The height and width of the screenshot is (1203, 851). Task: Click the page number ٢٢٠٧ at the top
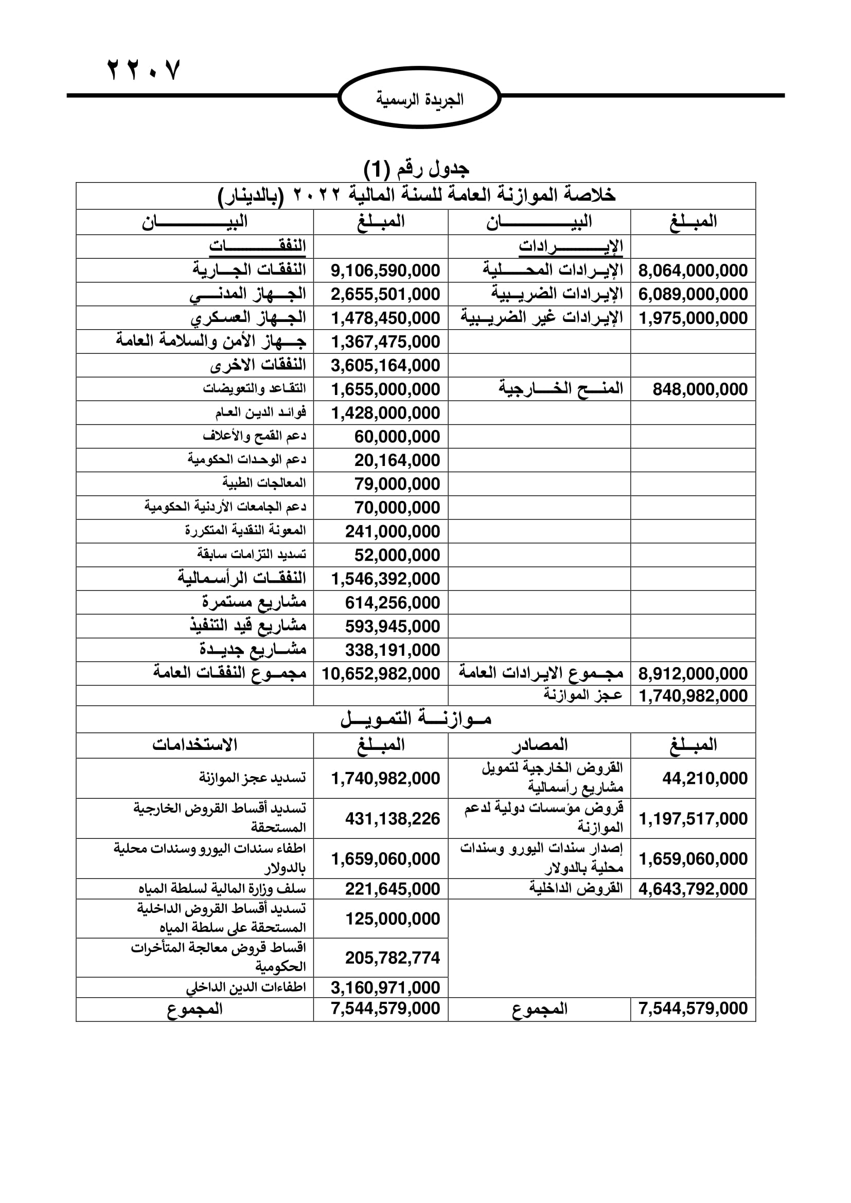(144, 69)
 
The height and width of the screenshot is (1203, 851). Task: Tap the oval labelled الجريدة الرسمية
(419, 99)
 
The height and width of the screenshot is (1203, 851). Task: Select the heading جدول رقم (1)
(417, 169)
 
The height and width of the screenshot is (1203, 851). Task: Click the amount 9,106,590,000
(385, 271)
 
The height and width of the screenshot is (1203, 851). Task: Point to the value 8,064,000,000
(693, 271)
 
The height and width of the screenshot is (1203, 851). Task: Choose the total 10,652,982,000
(381, 674)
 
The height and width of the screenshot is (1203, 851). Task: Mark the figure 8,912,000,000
(693, 674)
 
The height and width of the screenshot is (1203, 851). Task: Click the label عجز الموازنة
(583, 695)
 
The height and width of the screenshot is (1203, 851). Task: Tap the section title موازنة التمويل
(416, 719)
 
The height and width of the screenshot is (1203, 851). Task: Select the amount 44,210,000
(705, 778)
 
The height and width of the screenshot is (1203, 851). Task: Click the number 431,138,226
(393, 818)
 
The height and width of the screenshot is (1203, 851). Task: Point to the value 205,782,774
(393, 958)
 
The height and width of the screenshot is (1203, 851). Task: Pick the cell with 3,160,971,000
(385, 987)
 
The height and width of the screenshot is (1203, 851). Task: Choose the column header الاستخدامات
(195, 745)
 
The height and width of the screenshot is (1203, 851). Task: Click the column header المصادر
(540, 745)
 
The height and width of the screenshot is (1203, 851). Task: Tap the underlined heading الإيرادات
(571, 246)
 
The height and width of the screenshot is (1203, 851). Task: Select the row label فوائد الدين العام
(260, 413)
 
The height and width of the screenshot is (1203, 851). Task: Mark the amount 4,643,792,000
(693, 889)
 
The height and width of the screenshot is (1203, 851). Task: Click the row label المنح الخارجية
(561, 389)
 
